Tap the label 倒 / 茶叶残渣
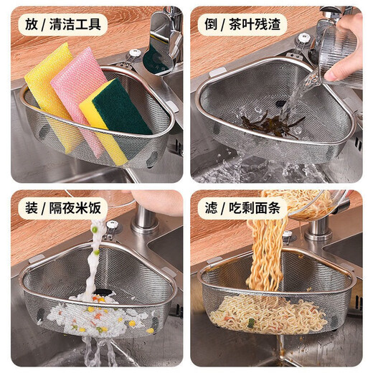tap(242, 24)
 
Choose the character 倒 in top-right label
tap(209, 24)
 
